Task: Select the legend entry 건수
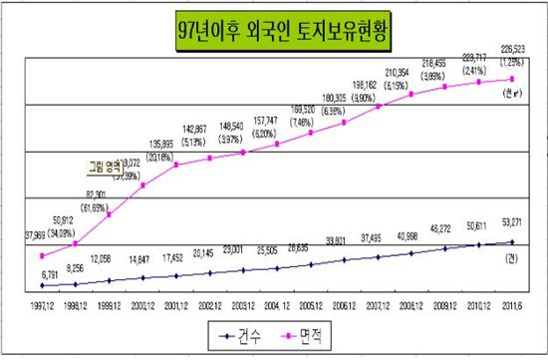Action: point(242,335)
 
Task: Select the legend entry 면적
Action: point(319,335)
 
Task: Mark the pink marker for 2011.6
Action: point(513,79)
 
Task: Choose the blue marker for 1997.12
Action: point(41,285)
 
